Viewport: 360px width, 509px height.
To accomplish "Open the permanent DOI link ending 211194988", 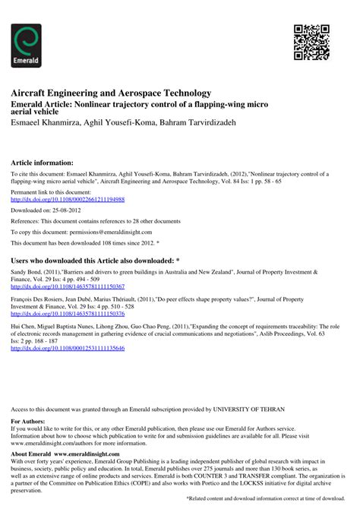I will tap(67, 199).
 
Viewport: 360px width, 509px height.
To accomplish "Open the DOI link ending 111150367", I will tap(67, 288).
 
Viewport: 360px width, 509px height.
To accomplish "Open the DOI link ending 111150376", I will tap(67, 312).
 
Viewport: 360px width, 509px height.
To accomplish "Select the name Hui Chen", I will tap(22, 324).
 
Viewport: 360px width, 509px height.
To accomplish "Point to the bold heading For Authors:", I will tap(27, 420).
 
